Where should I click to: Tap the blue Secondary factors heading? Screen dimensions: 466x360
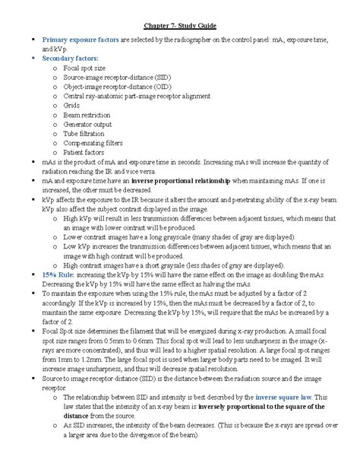click(71, 57)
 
